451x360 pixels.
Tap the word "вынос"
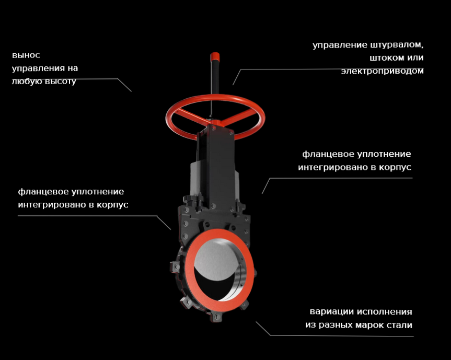click(26, 55)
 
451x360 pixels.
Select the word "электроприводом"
click(382, 71)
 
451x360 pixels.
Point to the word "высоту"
click(62, 81)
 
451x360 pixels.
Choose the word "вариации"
click(331, 312)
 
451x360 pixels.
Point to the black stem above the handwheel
click(214, 78)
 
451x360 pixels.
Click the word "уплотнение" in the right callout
click(383, 154)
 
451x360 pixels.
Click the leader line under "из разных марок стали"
click(340, 335)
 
